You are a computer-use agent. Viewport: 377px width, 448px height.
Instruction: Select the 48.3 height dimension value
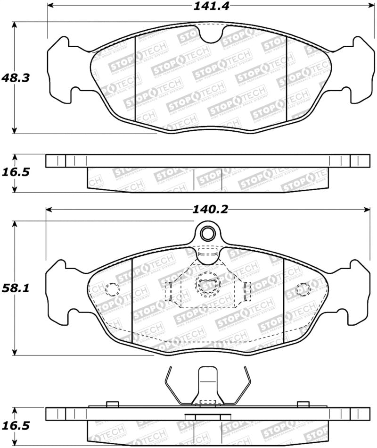(x=16, y=77)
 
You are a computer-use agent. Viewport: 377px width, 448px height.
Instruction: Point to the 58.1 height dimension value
(x=16, y=288)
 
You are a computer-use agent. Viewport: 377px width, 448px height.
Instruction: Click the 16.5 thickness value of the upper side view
(x=16, y=172)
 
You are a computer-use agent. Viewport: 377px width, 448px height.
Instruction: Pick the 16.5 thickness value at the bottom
(x=16, y=425)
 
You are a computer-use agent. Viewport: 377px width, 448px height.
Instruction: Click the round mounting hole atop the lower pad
(x=207, y=233)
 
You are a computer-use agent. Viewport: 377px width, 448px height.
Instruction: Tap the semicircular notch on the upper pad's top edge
(x=211, y=33)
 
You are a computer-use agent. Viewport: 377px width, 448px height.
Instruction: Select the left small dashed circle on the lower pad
(x=112, y=288)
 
